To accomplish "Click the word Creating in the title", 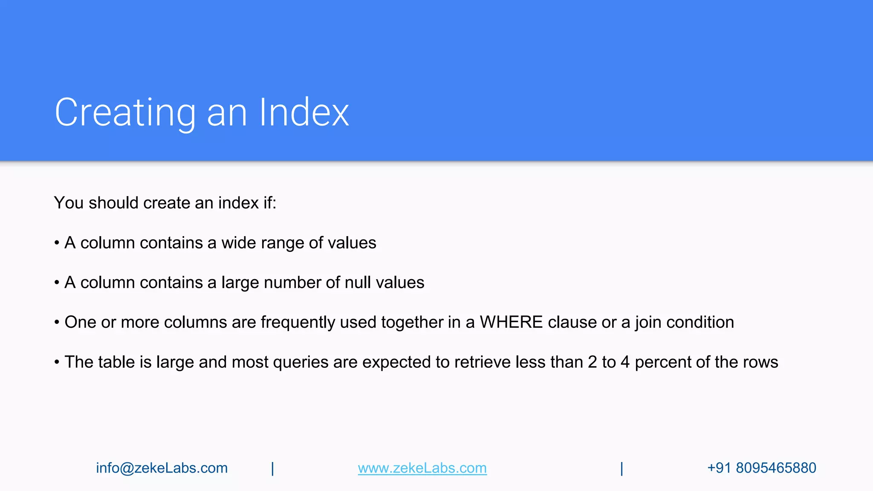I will point(125,113).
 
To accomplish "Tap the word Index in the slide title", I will point(304,113).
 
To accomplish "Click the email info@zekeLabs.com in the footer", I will point(162,468).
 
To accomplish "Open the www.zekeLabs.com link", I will point(422,468).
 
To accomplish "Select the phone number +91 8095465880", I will point(761,468).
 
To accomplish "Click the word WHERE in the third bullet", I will point(511,322).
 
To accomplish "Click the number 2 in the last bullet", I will point(592,362).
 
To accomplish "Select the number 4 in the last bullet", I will point(625,362).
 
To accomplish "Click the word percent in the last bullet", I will point(663,362).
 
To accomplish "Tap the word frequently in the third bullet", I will point(298,322).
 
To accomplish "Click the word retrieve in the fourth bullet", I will point(482,362).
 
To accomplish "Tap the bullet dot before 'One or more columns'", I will point(57,323).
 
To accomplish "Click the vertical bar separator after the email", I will point(272,468).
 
